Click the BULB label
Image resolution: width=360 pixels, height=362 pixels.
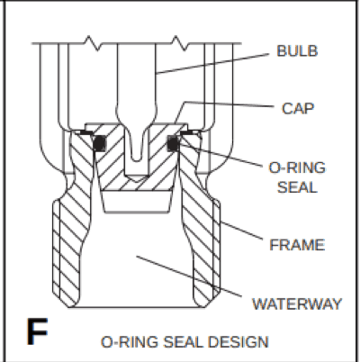297,50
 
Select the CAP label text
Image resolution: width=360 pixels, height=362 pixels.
298,108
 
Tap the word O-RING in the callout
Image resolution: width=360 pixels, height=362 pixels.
297,167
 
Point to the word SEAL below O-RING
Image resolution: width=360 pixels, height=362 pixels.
297,187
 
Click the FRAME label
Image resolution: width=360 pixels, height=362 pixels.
297,245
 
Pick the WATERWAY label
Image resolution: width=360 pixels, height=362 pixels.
297,303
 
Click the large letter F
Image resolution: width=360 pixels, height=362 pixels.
37,331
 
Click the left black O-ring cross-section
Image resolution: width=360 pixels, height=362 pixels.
100,143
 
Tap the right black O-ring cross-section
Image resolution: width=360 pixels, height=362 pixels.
174,143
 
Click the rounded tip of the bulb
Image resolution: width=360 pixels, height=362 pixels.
137,158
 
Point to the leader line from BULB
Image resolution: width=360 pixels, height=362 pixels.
213,63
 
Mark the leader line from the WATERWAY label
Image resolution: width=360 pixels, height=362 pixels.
189,276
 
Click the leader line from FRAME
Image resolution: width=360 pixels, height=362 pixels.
241,231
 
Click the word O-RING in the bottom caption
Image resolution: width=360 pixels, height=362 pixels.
130,342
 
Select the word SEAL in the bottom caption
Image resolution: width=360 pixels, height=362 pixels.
183,342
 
